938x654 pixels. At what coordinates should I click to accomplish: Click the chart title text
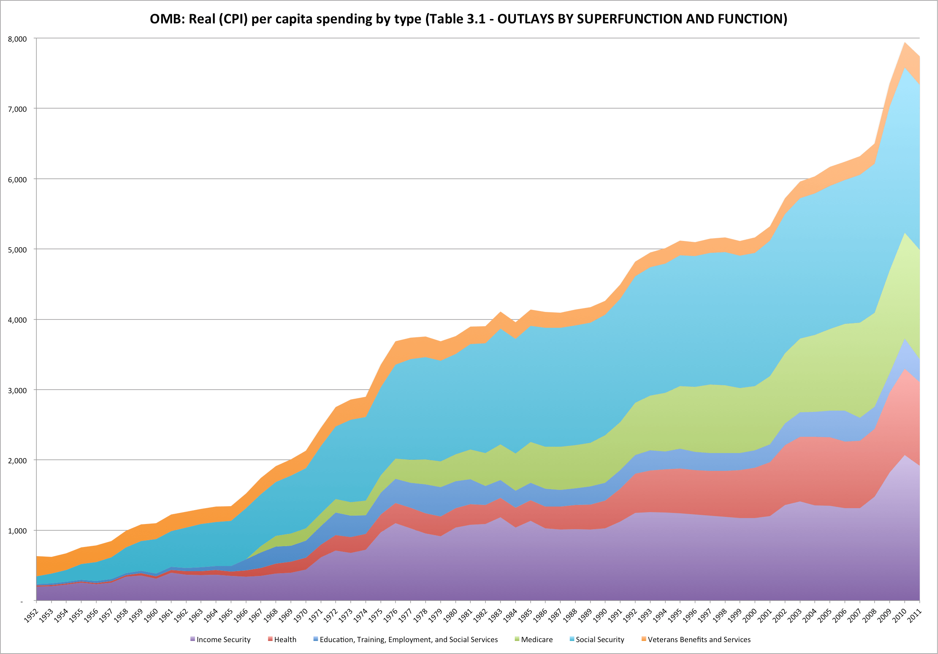pyautogui.click(x=468, y=19)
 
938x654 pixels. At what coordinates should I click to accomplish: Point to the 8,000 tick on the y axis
pyautogui.click(x=17, y=39)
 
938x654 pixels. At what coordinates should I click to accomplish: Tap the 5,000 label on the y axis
pyautogui.click(x=17, y=250)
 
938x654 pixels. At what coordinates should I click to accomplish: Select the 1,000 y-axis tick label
pyautogui.click(x=17, y=531)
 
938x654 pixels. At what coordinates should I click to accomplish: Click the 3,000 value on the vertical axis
pyautogui.click(x=17, y=390)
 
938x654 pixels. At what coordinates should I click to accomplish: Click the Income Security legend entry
pyautogui.click(x=223, y=640)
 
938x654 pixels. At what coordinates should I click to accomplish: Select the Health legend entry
pyautogui.click(x=285, y=640)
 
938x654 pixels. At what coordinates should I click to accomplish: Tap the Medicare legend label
pyautogui.click(x=537, y=640)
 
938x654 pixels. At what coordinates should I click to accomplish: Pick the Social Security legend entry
pyautogui.click(x=600, y=640)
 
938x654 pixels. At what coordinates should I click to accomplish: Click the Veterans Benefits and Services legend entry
pyautogui.click(x=699, y=640)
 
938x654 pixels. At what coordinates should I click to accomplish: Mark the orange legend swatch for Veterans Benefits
pyautogui.click(x=644, y=639)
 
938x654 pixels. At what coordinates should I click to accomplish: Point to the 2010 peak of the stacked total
pyautogui.click(x=904, y=42)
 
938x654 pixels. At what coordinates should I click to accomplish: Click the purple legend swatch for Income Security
pyautogui.click(x=193, y=639)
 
